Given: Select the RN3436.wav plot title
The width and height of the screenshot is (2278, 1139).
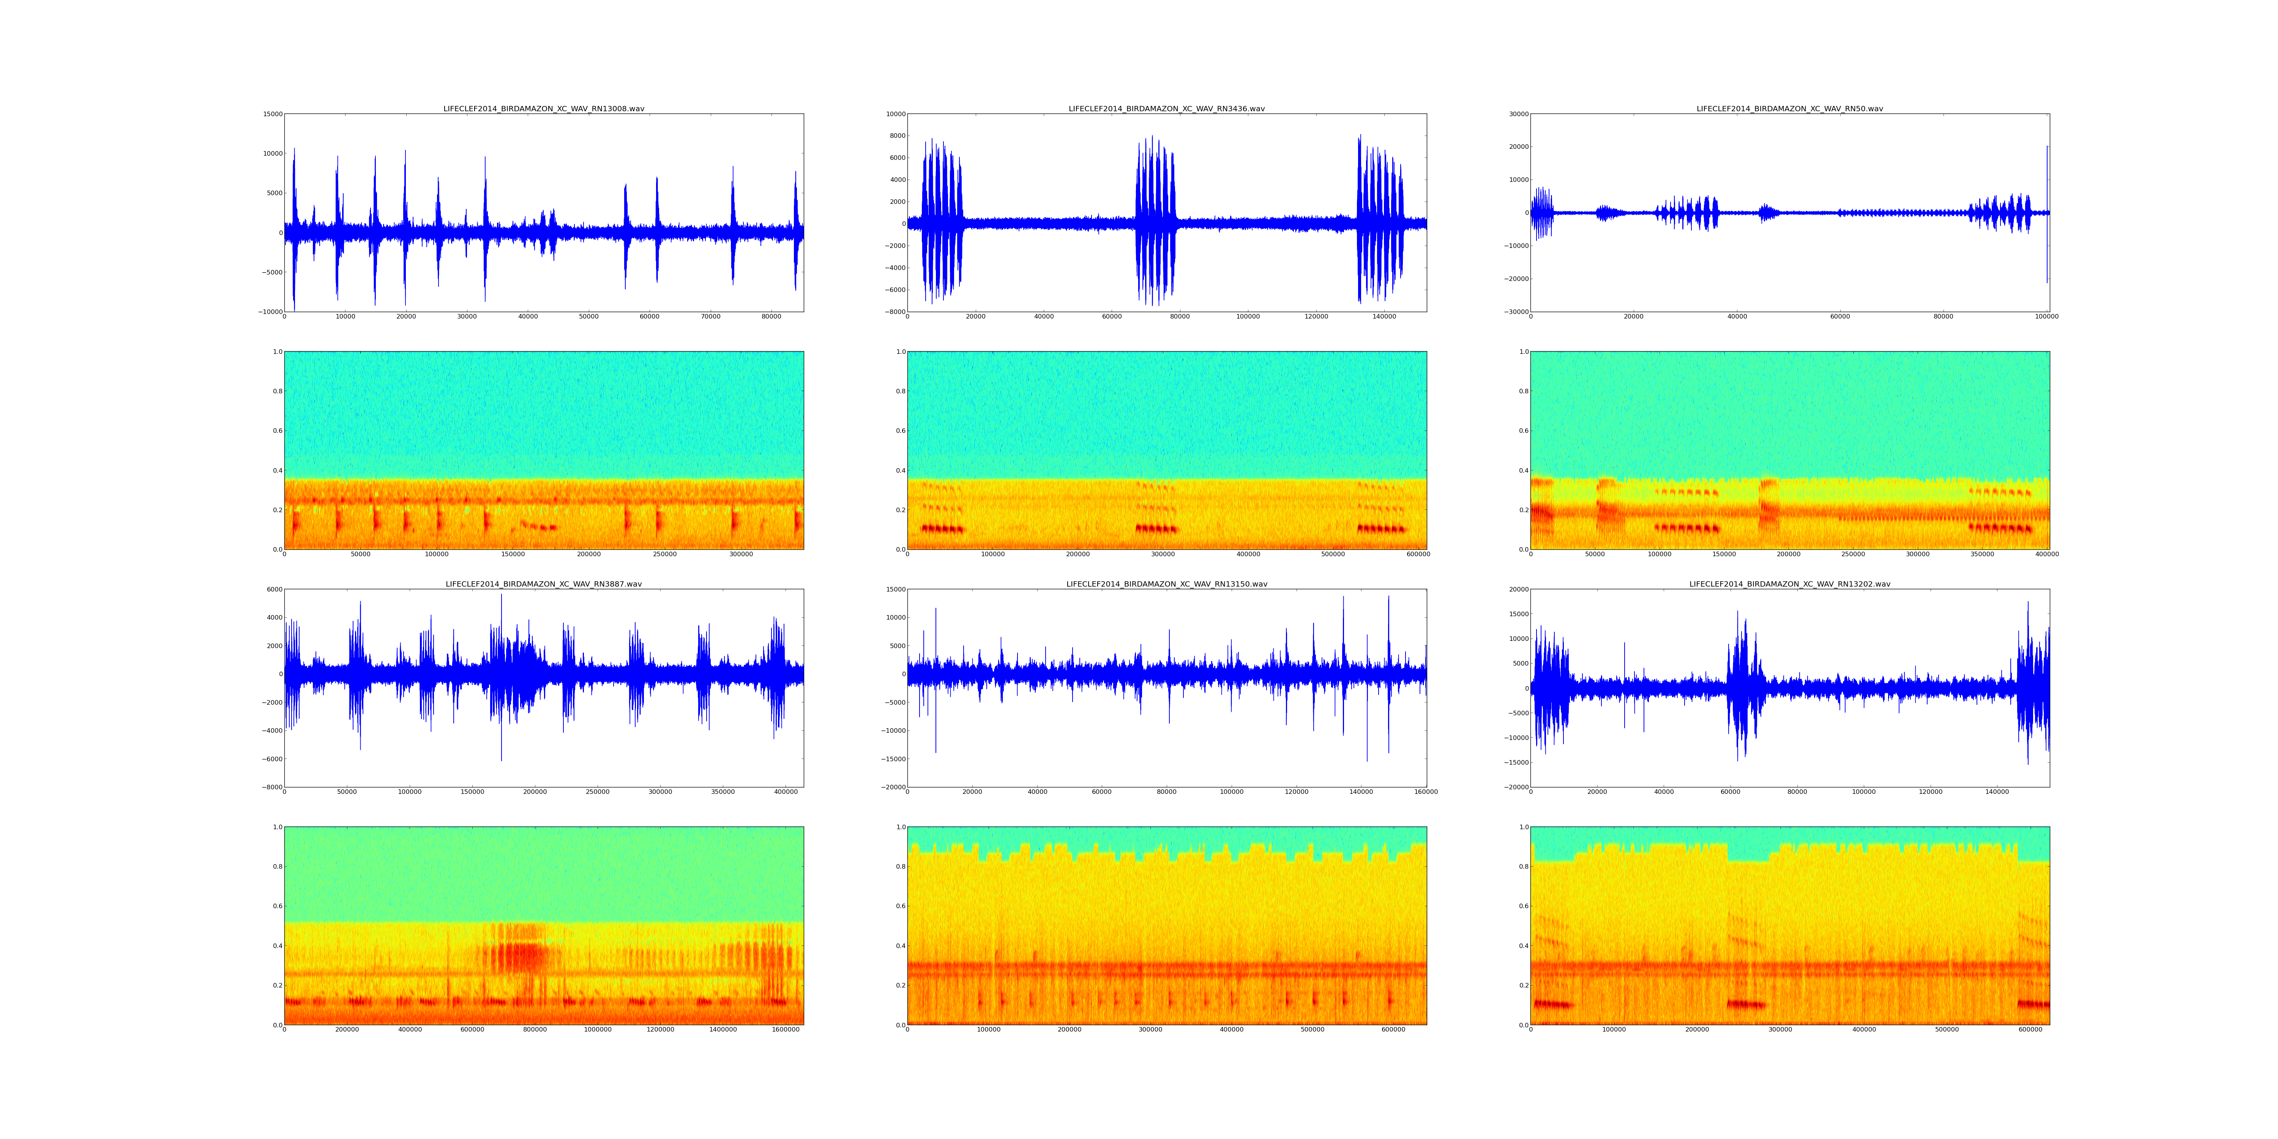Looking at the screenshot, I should pyautogui.click(x=1166, y=109).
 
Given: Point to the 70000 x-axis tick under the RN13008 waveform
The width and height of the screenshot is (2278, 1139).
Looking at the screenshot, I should pyautogui.click(x=710, y=317).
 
